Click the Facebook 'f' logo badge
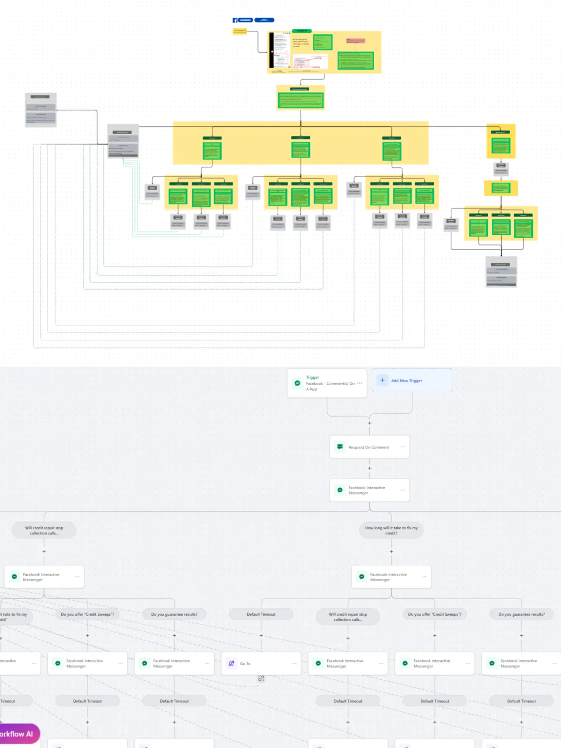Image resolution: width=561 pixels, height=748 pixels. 235,20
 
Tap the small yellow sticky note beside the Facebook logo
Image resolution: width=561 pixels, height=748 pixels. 239,31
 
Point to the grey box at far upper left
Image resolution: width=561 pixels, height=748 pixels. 41,110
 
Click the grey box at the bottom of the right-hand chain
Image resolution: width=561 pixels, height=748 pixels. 501,272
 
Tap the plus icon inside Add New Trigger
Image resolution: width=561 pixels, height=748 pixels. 382,380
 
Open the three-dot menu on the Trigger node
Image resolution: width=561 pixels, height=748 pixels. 360,383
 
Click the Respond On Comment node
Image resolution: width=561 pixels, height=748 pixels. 369,447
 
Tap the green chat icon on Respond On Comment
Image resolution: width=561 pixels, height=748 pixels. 340,447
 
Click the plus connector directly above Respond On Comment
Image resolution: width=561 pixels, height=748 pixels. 370,423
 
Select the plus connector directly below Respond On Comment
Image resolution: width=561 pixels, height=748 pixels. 370,468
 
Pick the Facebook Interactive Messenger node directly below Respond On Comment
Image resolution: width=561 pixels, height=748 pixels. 369,490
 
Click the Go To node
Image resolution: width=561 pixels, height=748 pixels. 261,663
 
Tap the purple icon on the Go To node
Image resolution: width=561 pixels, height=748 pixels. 231,663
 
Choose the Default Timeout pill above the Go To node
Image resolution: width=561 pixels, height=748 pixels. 261,614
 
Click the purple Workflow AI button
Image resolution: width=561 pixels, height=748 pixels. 19,734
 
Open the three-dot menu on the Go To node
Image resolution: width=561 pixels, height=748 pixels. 294,663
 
